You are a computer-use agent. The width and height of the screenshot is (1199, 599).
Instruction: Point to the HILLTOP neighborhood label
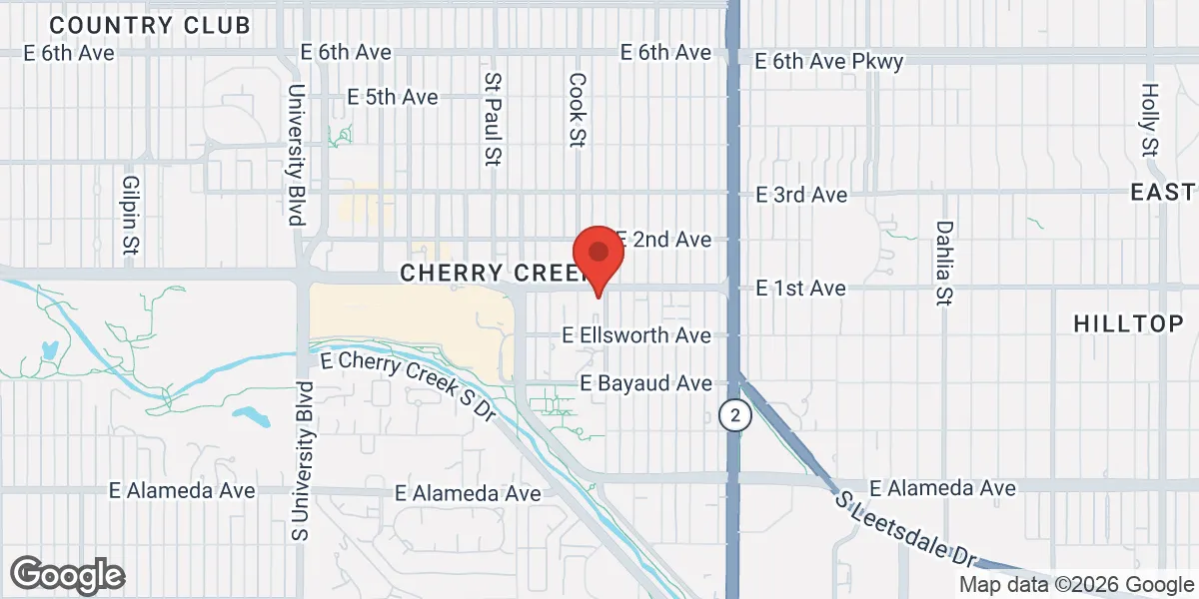[x=1128, y=323]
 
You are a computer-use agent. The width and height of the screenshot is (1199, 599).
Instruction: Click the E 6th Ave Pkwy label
[x=829, y=62]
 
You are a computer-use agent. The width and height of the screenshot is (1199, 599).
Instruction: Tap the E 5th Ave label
[x=393, y=97]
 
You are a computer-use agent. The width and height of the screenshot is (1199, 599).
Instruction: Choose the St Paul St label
[x=491, y=118]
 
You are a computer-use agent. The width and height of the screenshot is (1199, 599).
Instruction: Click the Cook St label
[x=577, y=110]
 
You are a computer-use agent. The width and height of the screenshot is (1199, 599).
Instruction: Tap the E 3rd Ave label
[x=801, y=195]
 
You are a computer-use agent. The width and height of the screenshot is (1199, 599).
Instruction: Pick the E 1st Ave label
[x=800, y=289]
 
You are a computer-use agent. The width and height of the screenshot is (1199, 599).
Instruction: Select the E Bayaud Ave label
[x=646, y=383]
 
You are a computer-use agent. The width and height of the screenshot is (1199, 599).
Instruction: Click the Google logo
[x=67, y=575]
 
